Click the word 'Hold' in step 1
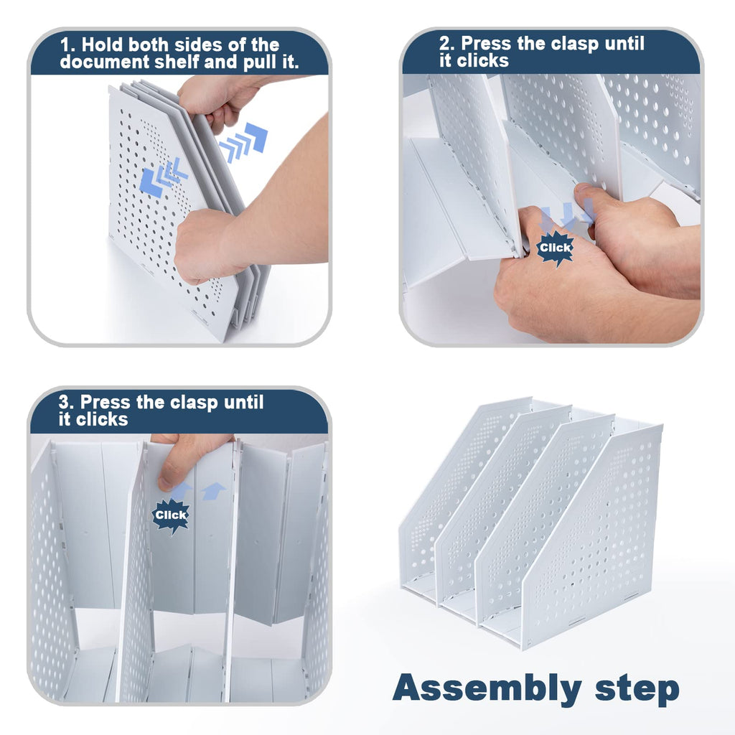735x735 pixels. pos(102,45)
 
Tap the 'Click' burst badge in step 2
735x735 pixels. pos(556,248)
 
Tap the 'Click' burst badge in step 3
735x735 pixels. pos(171,515)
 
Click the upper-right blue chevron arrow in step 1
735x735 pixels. pos(244,142)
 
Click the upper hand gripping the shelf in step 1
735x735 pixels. pos(220,100)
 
